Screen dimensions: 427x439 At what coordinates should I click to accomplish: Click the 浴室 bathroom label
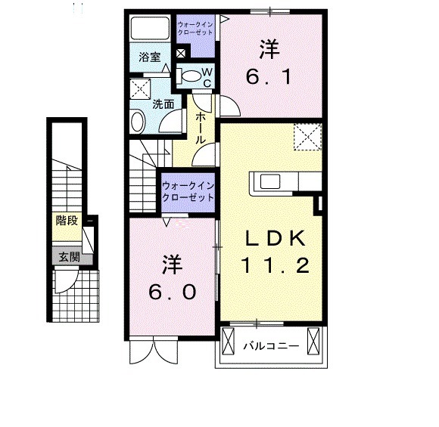click(149, 57)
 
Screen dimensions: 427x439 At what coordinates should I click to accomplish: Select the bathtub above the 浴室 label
click(150, 29)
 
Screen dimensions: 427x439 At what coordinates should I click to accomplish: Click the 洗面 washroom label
click(163, 105)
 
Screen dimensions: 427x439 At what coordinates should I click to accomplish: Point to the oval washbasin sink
click(137, 121)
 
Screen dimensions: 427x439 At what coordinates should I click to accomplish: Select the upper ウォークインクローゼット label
click(195, 29)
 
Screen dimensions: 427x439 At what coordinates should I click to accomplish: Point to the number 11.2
click(274, 266)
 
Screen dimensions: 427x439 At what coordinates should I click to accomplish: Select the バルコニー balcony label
click(271, 347)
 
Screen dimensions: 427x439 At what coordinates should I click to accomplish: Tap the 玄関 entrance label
click(67, 256)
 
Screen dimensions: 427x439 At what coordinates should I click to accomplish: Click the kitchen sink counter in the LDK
click(280, 181)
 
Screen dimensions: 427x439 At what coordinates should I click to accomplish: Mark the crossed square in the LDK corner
click(307, 137)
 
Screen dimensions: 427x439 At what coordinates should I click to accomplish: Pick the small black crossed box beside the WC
click(181, 54)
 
